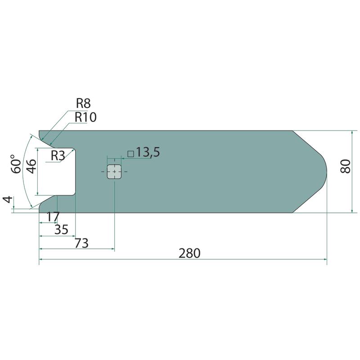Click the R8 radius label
click(x=83, y=103)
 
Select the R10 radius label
click(x=85, y=117)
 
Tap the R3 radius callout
click(x=58, y=156)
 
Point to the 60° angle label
click(x=16, y=164)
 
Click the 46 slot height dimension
click(x=31, y=166)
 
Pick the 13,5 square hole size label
click(x=148, y=152)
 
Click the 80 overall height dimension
click(x=345, y=166)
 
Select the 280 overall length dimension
click(x=189, y=253)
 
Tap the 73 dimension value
click(x=81, y=243)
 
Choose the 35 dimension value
click(x=61, y=229)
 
